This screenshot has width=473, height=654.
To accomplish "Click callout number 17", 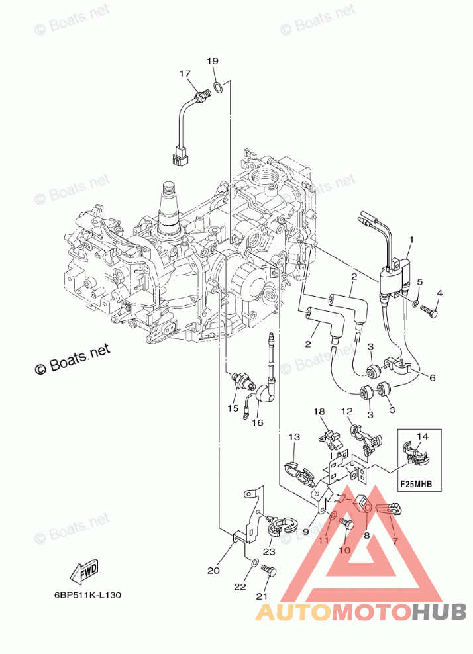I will pyautogui.click(x=184, y=73).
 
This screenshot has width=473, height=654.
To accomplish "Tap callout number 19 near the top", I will pyautogui.click(x=211, y=61).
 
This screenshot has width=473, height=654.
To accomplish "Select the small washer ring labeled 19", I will pyautogui.click(x=217, y=87).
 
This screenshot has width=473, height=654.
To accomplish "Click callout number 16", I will pyautogui.click(x=256, y=422).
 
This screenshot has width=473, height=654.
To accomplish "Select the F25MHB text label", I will pyautogui.click(x=415, y=484).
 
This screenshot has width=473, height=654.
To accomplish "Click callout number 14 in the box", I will pyautogui.click(x=423, y=436).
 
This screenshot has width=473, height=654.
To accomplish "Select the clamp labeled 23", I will pyautogui.click(x=278, y=527).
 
